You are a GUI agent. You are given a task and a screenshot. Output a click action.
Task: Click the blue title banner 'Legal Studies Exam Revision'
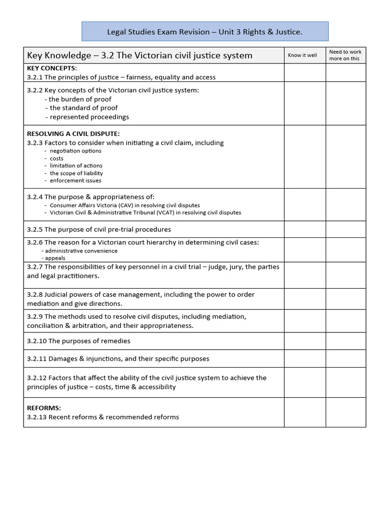coord(205,32)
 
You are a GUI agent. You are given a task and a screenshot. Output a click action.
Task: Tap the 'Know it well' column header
coord(303,55)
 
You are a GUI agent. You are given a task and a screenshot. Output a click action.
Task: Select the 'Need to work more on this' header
coord(345,55)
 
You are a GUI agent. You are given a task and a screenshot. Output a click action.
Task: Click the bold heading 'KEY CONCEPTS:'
coord(52,68)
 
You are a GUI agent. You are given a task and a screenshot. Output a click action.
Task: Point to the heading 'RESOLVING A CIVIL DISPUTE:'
coord(73,134)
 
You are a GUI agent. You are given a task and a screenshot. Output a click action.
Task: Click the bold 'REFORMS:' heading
coord(44,408)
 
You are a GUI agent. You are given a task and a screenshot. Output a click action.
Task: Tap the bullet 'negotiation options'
coord(75,151)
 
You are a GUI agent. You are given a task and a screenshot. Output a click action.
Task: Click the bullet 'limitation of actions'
coord(76,165)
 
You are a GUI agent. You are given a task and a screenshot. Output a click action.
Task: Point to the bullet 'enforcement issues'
coord(75,181)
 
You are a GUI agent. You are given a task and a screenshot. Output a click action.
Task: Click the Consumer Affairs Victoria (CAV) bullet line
coord(125,205)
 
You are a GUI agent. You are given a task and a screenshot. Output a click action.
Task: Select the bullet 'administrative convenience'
coord(81,250)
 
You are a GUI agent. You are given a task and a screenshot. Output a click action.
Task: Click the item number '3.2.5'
coord(35,229)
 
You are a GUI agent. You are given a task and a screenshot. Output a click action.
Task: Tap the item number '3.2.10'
coord(37,341)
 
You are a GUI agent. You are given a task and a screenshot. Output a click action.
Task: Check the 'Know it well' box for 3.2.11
coord(305,359)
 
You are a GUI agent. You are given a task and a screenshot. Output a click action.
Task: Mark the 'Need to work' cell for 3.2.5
coord(345,229)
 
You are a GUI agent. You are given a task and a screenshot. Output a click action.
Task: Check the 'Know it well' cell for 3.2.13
coord(305,412)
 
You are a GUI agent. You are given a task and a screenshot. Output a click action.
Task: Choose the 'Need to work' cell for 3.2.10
coord(345,341)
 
